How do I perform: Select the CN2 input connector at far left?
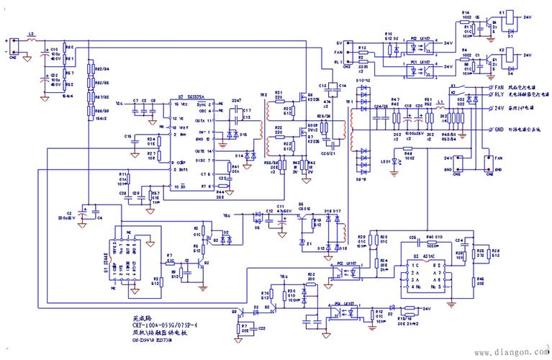9,47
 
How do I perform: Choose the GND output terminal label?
498,130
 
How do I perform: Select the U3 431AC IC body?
424,275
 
